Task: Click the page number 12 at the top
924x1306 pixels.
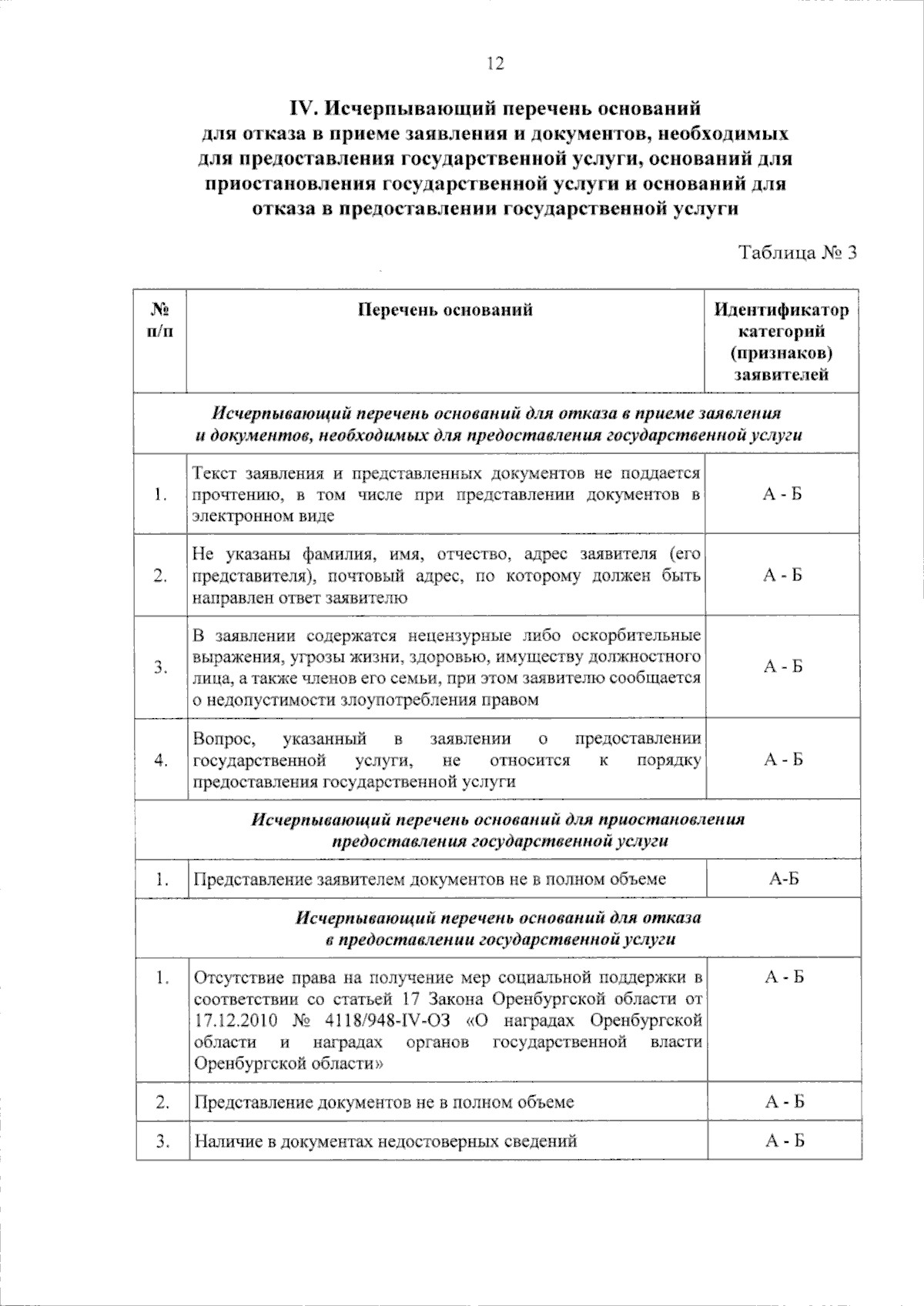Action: point(494,65)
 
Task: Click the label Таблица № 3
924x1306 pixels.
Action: point(798,253)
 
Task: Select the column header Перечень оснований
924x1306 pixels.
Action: point(445,310)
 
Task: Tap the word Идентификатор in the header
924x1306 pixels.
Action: point(782,310)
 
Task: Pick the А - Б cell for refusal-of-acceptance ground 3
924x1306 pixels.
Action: point(783,666)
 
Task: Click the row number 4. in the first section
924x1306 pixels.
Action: point(161,760)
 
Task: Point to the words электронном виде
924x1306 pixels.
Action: point(263,516)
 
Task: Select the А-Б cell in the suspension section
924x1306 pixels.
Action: point(783,879)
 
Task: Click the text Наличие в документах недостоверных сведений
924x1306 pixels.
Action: point(385,1141)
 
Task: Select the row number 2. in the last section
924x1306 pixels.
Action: point(162,1102)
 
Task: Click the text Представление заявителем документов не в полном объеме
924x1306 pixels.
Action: point(429,879)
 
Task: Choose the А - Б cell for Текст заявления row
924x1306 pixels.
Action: point(783,494)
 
